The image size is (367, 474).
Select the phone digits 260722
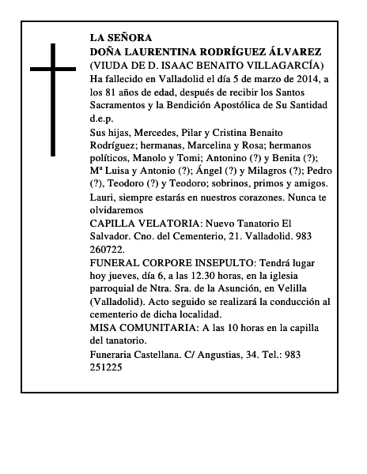110,253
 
